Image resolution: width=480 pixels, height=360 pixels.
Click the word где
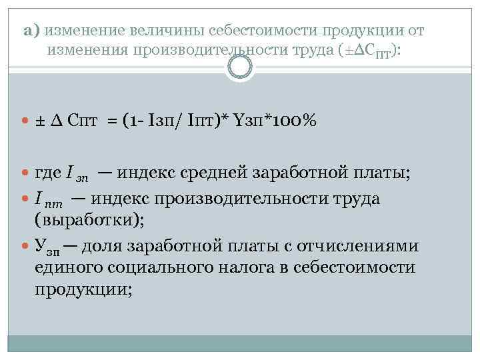tap(48, 175)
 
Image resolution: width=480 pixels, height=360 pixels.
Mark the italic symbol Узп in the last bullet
tap(48, 247)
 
